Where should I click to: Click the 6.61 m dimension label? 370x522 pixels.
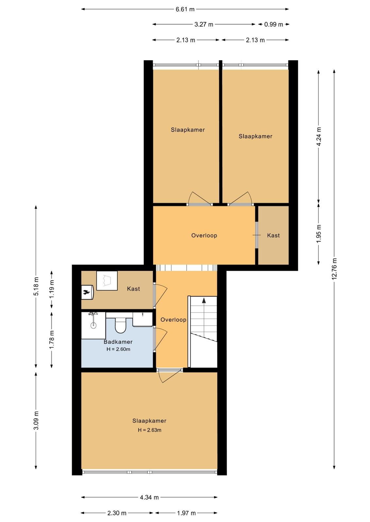185,9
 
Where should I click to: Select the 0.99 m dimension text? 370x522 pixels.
274,24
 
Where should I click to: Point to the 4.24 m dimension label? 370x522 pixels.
319,136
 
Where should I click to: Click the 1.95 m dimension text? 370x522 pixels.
319,234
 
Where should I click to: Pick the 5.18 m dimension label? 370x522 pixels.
36,286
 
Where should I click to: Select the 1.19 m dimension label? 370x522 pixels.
52,289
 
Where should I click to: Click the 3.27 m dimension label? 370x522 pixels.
204,24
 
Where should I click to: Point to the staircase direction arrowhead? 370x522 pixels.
204,300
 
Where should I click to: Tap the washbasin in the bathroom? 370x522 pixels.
143,319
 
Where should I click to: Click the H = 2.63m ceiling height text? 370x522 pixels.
149,430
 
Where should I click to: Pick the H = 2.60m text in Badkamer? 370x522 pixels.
118,349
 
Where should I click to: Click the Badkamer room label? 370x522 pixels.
118,342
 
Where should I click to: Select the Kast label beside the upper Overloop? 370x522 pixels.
273,235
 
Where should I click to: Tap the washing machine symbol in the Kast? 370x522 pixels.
107,281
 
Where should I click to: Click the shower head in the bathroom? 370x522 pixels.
93,325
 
